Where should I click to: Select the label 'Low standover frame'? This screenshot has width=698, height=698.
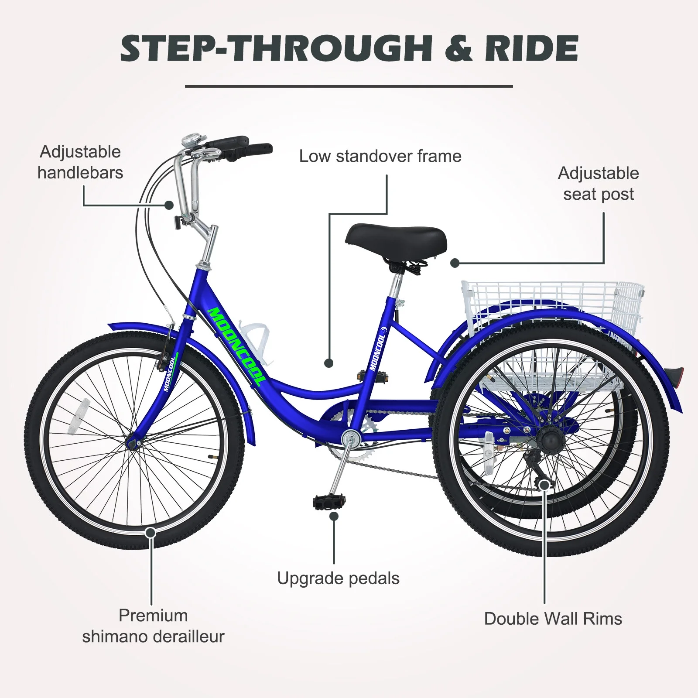click(x=380, y=156)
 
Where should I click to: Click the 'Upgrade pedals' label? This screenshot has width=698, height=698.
click(x=338, y=578)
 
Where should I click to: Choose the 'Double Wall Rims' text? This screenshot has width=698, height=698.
click(x=553, y=619)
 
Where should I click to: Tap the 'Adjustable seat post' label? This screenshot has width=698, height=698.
click(x=598, y=184)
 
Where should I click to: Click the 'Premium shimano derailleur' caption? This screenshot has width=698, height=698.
click(x=153, y=626)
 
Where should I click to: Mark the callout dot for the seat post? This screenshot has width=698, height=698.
click(x=455, y=263)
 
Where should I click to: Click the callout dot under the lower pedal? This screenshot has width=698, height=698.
click(x=334, y=517)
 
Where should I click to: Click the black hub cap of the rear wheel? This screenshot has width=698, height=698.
click(x=546, y=437)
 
